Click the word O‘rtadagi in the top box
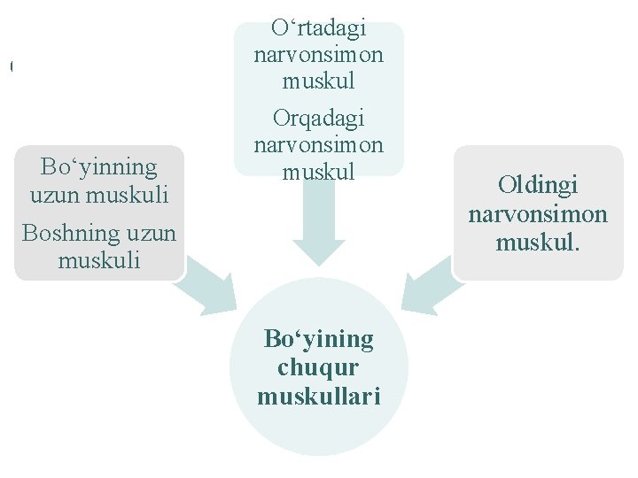[319, 29]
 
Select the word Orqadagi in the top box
[319, 118]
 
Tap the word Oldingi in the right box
[537, 185]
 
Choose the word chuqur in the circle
[319, 367]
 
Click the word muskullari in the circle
[319, 397]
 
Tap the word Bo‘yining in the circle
[319, 338]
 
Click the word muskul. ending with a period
[538, 242]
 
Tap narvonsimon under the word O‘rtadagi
[319, 55]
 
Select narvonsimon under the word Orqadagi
[319, 143]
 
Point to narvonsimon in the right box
[538, 213]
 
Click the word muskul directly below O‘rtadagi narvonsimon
[319, 81]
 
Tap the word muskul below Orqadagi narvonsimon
[319, 171]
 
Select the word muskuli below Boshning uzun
[99, 260]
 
